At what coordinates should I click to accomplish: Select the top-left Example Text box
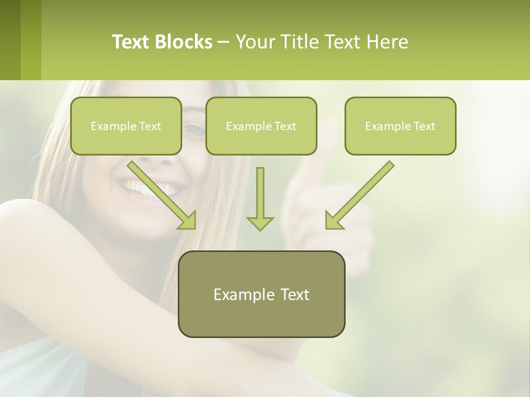(126, 126)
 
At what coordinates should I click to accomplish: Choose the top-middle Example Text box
(261, 126)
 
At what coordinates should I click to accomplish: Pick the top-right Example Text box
(400, 126)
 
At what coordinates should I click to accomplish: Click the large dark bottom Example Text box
(261, 294)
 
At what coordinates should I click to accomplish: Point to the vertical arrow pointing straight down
(260, 198)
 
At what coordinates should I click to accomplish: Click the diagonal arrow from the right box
(359, 195)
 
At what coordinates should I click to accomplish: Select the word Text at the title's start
(131, 42)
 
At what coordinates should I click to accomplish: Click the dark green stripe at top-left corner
(10, 40)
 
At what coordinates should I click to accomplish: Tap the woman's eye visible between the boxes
(193, 130)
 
